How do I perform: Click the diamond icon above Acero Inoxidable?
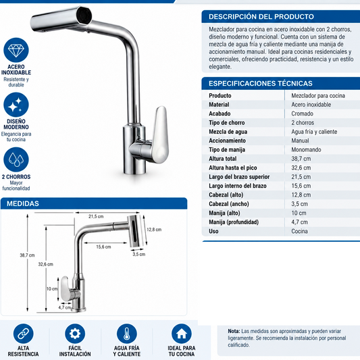16,50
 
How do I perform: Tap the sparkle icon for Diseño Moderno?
16,105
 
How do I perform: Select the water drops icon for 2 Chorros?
16,159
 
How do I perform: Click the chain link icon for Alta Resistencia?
23,334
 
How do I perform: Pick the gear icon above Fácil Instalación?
75,334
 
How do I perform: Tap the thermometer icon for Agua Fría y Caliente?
127,334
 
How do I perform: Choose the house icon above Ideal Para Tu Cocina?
182,334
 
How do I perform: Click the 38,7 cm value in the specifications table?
301,159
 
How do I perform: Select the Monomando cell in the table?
306,150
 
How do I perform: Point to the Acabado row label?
220,113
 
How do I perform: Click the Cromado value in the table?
302,113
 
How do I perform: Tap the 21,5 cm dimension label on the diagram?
96,216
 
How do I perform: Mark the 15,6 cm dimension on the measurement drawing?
103,247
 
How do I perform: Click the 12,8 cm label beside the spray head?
154,230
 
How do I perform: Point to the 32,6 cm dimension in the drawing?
45,264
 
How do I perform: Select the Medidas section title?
23,203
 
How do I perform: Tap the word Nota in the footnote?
234,331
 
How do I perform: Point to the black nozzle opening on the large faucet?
84,16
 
